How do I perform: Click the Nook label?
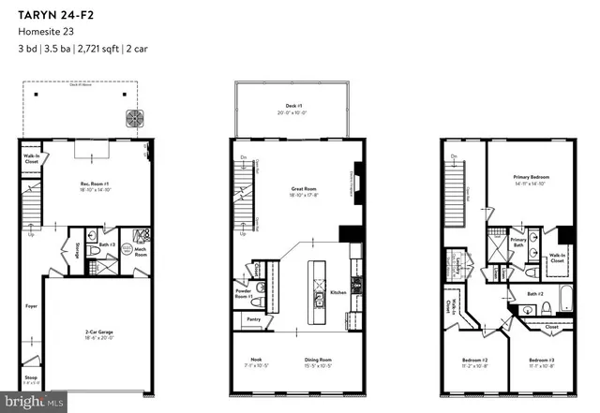click(253, 361)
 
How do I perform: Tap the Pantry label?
click(254, 319)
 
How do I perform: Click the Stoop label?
click(31, 379)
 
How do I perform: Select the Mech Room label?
click(141, 251)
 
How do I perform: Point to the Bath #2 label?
click(535, 294)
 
